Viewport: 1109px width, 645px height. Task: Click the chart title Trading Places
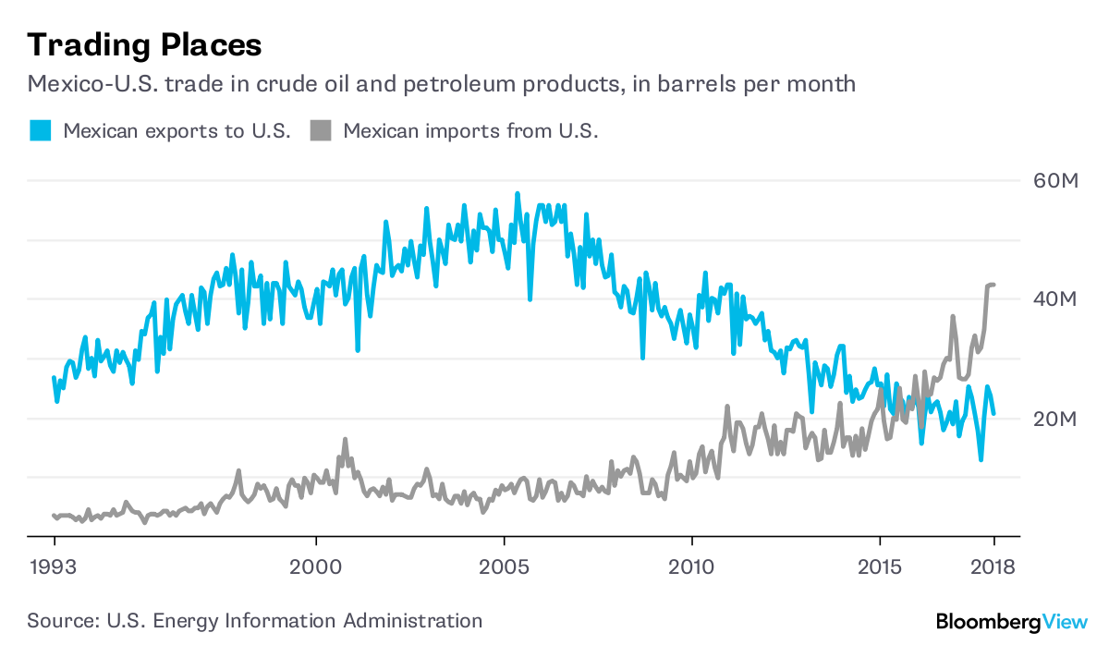pyautogui.click(x=144, y=44)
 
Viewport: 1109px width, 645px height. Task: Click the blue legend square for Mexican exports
pyautogui.click(x=40, y=130)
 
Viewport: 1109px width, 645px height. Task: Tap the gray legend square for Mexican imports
pyautogui.click(x=320, y=130)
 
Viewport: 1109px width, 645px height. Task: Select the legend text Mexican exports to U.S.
pyautogui.click(x=177, y=130)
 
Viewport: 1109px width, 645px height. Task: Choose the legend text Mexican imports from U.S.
pyautogui.click(x=471, y=130)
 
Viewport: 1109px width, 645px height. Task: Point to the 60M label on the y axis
pyautogui.click(x=1054, y=180)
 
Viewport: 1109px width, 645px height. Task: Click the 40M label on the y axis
pyautogui.click(x=1054, y=299)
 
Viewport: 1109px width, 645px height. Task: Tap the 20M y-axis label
pyautogui.click(x=1054, y=419)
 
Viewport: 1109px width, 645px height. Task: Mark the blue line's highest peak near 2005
pyautogui.click(x=518, y=193)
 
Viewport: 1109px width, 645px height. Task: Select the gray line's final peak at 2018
pyautogui.click(x=992, y=285)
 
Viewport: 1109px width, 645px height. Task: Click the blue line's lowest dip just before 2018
pyautogui.click(x=981, y=459)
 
